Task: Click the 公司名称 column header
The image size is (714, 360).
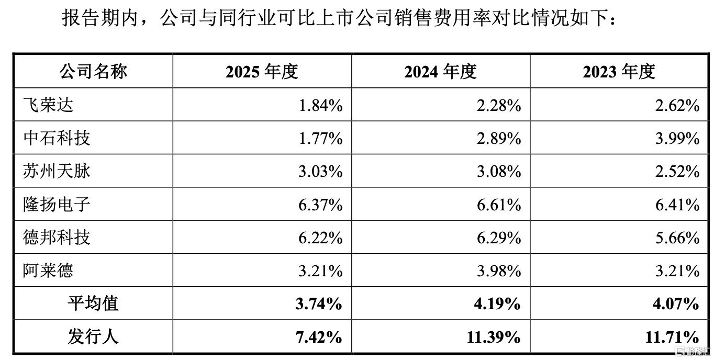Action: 93,71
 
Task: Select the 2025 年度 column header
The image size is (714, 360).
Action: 262,71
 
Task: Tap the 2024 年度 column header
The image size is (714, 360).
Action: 441,71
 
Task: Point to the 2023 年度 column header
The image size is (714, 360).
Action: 619,71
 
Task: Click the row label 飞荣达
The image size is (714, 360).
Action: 48,105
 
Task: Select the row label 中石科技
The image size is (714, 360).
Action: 57,138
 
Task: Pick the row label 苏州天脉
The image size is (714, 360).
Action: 57,171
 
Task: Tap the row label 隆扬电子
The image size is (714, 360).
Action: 57,204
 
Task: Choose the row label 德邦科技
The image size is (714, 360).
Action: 57,238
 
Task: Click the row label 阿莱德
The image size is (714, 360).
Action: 48,271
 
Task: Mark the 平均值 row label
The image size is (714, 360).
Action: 93,303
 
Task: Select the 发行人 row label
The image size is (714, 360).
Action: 93,336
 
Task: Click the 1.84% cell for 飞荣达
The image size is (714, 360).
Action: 321,106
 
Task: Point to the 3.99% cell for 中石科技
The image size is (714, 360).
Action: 678,139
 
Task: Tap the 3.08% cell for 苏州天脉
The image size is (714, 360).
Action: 499,172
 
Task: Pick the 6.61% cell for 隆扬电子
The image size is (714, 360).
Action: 499,205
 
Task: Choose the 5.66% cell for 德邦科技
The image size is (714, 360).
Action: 678,238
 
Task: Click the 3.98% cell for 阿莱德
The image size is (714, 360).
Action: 499,271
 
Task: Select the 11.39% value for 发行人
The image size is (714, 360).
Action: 494,337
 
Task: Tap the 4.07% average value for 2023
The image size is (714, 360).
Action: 676,304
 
